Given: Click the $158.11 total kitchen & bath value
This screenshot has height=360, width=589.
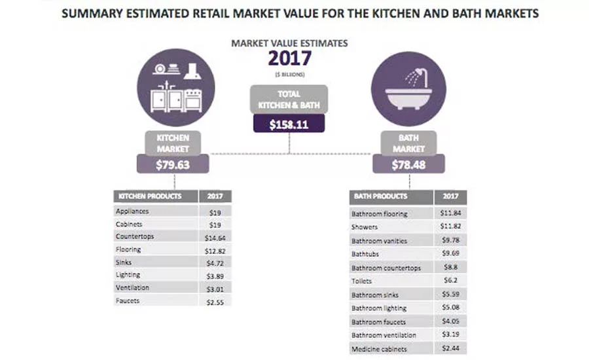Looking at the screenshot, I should click(x=289, y=123).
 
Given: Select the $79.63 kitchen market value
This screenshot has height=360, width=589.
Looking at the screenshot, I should click(x=173, y=164).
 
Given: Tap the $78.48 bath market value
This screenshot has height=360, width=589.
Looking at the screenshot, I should click(x=408, y=164).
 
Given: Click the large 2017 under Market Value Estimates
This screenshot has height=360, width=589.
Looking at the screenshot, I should click(x=289, y=58).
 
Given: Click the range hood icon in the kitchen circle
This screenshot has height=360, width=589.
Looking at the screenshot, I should click(x=192, y=69).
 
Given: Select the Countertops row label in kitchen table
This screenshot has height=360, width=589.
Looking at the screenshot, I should click(x=134, y=236).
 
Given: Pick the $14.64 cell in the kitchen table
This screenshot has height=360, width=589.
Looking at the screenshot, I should click(x=215, y=237).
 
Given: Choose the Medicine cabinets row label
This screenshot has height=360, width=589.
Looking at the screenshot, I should click(x=380, y=349).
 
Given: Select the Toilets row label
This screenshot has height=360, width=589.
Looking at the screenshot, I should click(x=361, y=281).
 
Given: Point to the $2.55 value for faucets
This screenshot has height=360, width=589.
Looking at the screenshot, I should click(x=215, y=301).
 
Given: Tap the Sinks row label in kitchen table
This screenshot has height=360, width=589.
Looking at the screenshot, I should click(x=124, y=262).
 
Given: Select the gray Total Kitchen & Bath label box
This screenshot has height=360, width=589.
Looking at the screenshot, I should click(x=289, y=98).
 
